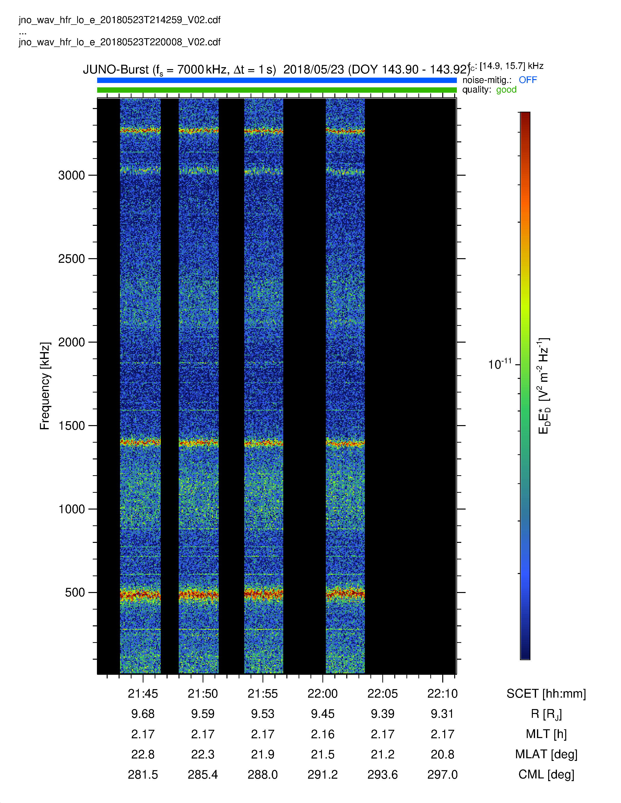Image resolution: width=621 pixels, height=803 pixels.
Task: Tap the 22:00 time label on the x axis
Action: pyautogui.click(x=323, y=693)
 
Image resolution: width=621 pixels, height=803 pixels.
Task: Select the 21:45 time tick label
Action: pyautogui.click(x=143, y=693)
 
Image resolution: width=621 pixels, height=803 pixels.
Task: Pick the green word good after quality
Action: pyautogui.click(x=506, y=90)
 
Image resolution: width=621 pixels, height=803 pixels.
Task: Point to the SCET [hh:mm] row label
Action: pyautogui.click(x=546, y=694)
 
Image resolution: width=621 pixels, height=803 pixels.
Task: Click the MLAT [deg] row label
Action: pyautogui.click(x=546, y=755)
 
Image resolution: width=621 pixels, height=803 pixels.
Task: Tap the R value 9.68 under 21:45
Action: pyautogui.click(x=143, y=714)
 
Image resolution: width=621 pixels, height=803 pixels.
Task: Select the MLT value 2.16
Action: pyautogui.click(x=323, y=734)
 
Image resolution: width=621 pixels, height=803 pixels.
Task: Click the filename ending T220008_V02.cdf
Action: pyautogui.click(x=120, y=42)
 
